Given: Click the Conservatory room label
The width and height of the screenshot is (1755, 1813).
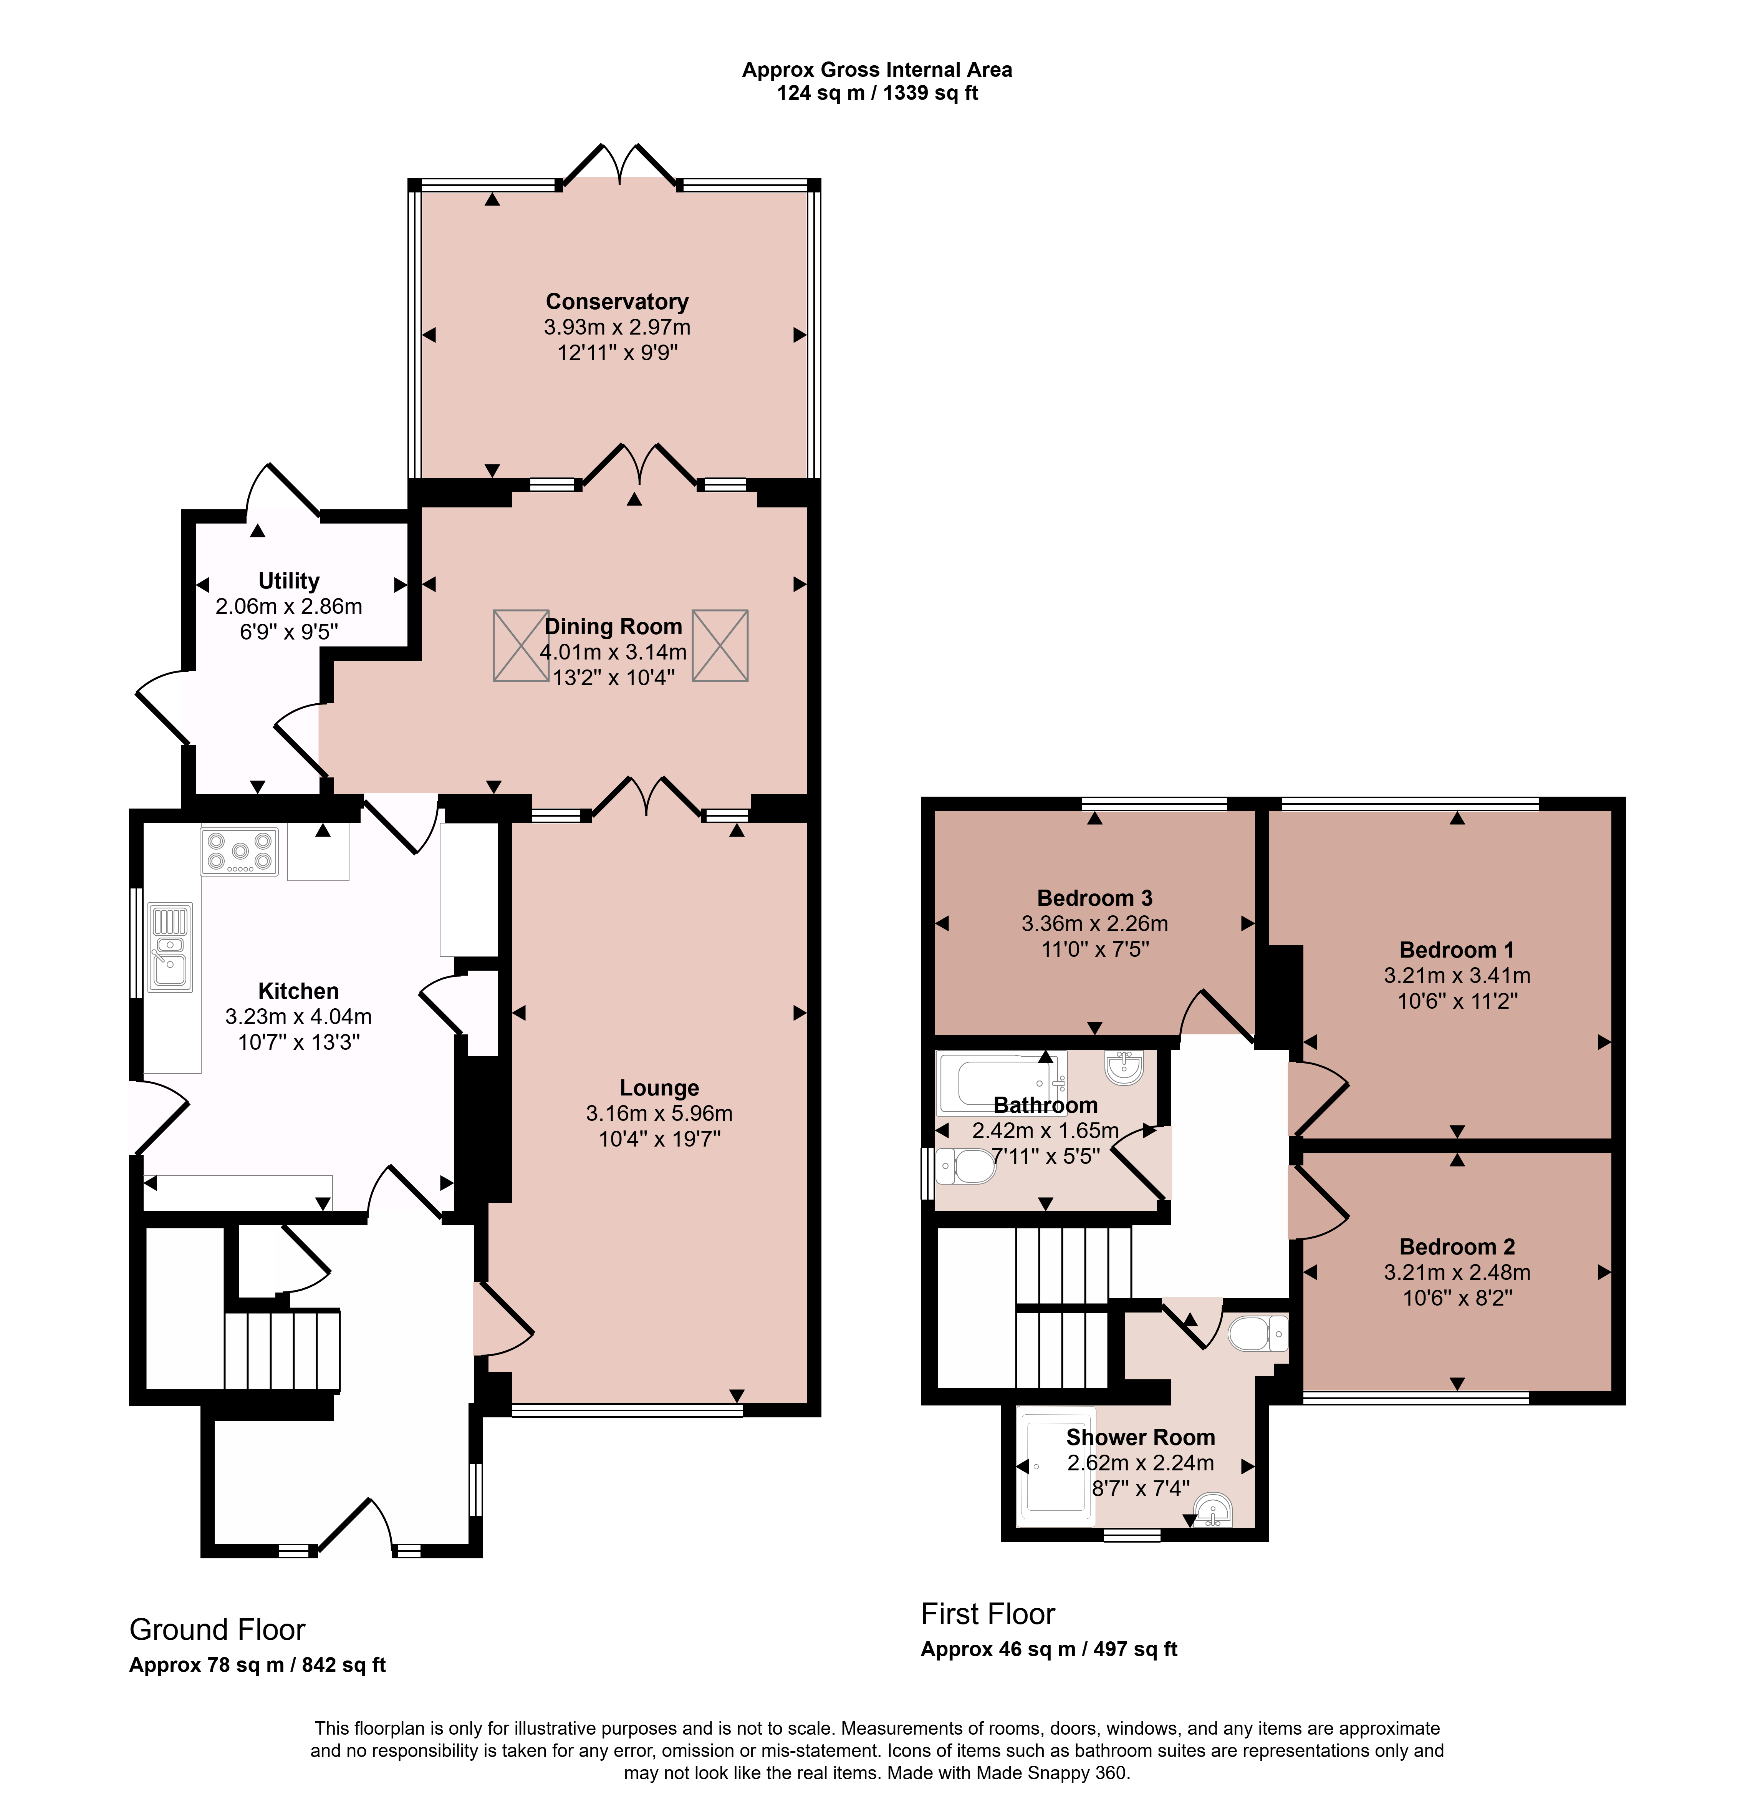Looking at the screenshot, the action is pyautogui.click(x=617, y=302).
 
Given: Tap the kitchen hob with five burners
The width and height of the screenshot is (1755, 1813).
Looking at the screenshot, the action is pyautogui.click(x=240, y=851).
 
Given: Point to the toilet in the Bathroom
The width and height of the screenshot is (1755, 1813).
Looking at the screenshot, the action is pyautogui.click(x=965, y=1167).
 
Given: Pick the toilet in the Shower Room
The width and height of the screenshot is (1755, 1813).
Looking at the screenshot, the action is pyautogui.click(x=1258, y=1334).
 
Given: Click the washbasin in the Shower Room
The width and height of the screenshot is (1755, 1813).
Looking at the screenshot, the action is pyautogui.click(x=1212, y=1511).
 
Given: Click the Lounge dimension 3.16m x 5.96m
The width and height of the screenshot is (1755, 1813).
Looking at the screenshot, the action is pyautogui.click(x=659, y=1114).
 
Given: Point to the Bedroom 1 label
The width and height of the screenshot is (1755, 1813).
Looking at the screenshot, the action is pyautogui.click(x=1457, y=950).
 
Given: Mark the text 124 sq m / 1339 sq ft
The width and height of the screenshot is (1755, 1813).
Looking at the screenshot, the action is pyautogui.click(x=877, y=93).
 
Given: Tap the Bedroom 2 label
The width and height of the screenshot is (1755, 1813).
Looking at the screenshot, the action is pyautogui.click(x=1457, y=1247).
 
